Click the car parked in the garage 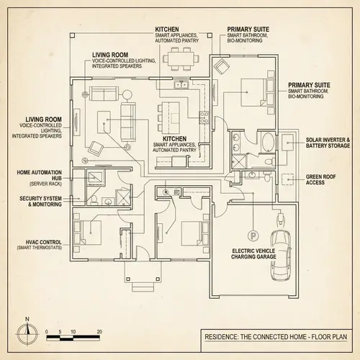[x=279, y=256]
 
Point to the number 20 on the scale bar [x=99, y=332]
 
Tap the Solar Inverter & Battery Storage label [x=328, y=143]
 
